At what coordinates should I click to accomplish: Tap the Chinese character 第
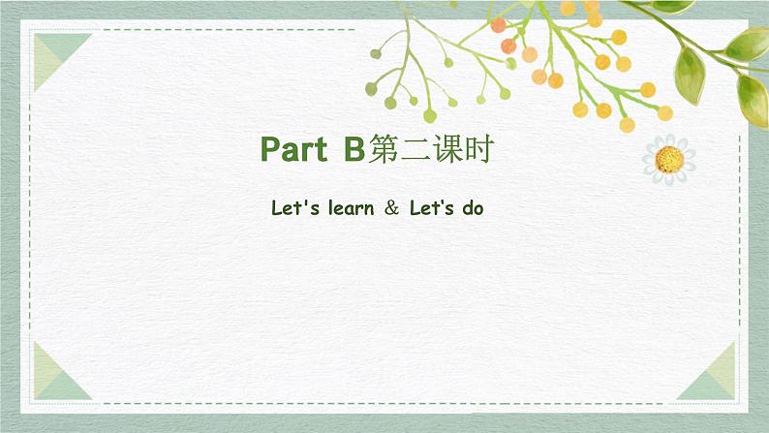381,149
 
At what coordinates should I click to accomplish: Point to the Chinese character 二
415,149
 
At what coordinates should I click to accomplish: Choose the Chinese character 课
446,149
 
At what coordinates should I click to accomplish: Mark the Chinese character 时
479,149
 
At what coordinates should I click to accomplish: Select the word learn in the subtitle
344,207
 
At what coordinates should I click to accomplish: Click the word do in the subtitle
473,207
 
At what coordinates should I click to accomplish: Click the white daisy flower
668,158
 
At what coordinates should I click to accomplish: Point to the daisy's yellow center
668,159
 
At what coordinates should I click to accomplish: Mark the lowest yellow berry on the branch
627,125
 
